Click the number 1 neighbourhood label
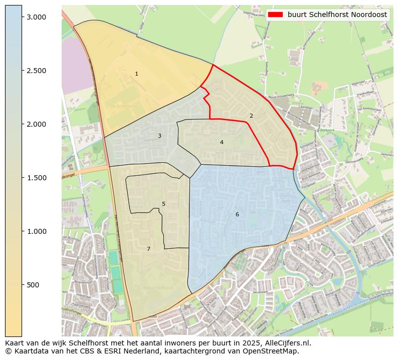[x=136, y=74]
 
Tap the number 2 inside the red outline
[x=251, y=116]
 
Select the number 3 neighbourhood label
[x=159, y=136]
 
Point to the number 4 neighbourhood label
[x=222, y=143]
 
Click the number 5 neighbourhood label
[x=163, y=204]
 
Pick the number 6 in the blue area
[x=237, y=215]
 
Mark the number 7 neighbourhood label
[x=148, y=249]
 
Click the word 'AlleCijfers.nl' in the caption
[x=288, y=343]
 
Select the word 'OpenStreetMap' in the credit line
[x=273, y=351]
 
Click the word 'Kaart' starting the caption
[x=15, y=343]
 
